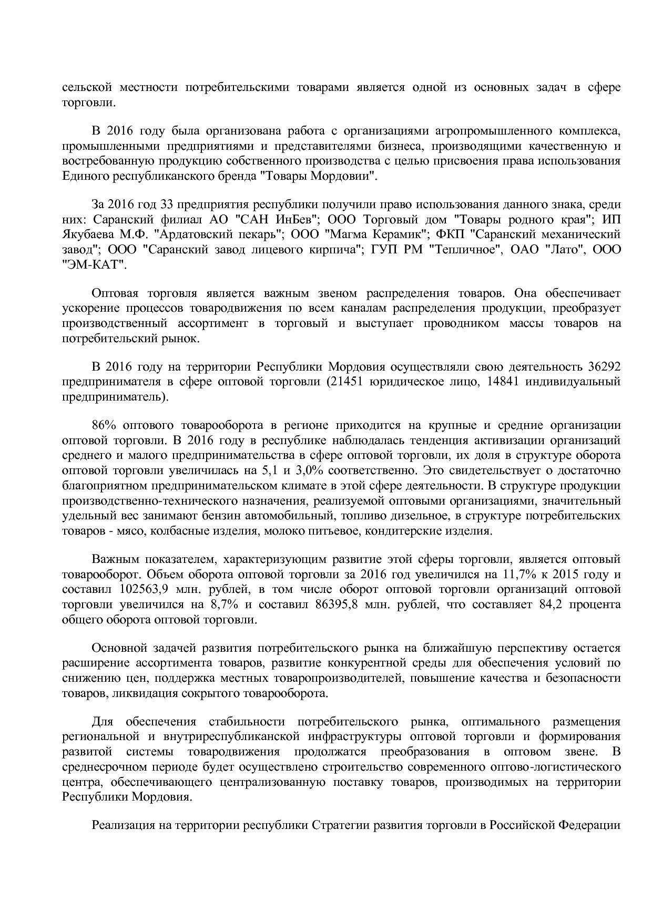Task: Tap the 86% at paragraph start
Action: point(104,425)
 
